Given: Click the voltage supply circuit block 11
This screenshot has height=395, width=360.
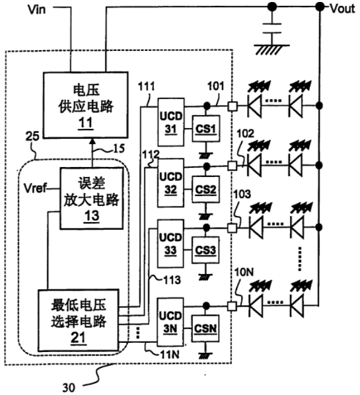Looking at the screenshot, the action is pos(86,105).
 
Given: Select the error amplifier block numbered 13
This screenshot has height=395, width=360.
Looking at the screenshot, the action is pos(91,199).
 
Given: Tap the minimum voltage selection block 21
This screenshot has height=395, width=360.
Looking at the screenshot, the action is pos(78,320).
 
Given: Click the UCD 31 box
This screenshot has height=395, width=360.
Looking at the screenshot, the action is pos(171,122).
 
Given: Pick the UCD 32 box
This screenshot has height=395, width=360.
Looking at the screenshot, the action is pos(170,182).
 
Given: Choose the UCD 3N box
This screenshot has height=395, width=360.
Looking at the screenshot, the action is pos(170,322).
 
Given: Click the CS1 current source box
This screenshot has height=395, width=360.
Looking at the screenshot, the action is pos(206,129).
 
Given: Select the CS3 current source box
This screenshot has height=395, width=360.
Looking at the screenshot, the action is pos(205,250).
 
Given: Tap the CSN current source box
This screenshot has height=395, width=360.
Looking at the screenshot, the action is pos(205,328).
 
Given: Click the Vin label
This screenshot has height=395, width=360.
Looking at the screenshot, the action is pos(37,9).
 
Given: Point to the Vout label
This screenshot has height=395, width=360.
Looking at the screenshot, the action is pos(342,9).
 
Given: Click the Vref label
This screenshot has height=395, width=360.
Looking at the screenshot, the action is pos(35,188).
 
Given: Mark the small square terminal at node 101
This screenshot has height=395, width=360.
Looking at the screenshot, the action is pos(233,106).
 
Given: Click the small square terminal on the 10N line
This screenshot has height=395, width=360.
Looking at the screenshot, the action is pos(232,306).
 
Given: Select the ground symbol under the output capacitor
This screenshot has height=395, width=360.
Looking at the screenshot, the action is pos(271,50).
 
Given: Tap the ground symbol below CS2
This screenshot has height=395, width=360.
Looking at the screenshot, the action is pos(206,216).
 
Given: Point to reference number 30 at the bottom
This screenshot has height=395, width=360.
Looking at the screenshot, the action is pos(69,387).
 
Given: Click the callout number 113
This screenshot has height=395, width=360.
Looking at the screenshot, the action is pos(172,280).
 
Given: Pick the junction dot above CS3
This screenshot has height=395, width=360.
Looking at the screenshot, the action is pos(206,228).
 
